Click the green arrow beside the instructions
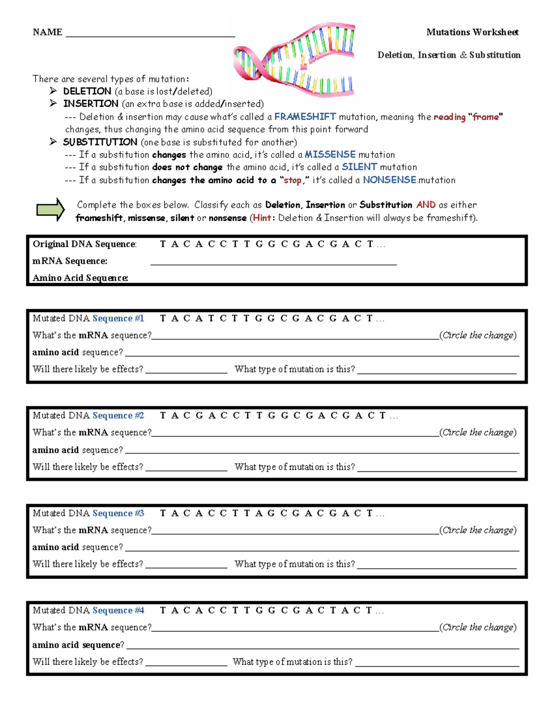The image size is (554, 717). [51, 210]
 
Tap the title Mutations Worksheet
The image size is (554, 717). [472, 32]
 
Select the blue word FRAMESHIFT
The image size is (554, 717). [305, 117]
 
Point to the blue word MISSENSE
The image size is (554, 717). [330, 155]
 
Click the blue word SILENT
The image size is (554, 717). [359, 167]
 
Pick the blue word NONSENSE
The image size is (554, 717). [389, 180]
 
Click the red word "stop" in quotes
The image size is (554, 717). [293, 181]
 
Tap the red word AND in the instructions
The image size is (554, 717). [426, 205]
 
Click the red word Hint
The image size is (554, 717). [262, 218]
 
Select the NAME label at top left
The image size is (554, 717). [48, 32]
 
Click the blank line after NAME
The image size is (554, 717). [151, 35]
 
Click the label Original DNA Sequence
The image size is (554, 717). [84, 244]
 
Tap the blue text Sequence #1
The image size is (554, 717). [118, 319]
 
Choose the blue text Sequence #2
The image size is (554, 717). [118, 416]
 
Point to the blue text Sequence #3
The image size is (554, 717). [118, 513]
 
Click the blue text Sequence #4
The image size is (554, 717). [118, 610]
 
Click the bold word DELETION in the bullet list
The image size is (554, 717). [87, 91]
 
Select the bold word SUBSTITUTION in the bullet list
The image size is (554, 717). [100, 142]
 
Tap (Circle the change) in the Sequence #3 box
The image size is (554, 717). [478, 530]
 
